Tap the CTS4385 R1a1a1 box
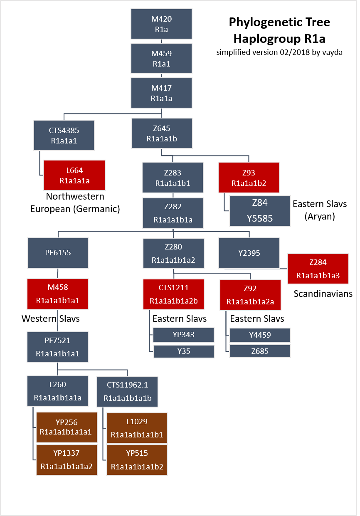pos(64,136)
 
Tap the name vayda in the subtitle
pos(334,53)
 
